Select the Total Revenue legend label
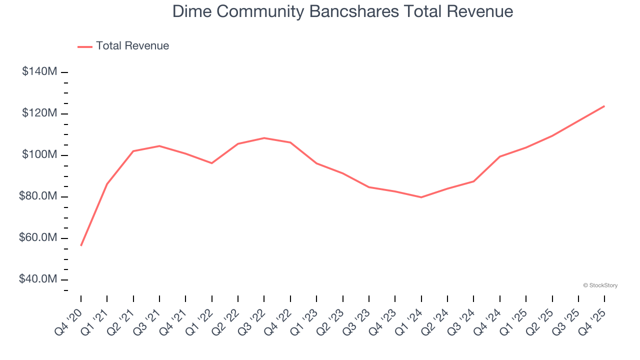132,46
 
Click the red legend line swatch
85,46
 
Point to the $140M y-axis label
39,72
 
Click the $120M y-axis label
39,113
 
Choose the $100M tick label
39,155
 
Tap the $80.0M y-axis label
38,196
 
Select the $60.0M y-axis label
38,238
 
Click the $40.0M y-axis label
38,279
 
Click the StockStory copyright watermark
600,285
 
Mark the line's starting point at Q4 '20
81,245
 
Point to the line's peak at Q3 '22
264,138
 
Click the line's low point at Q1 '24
421,197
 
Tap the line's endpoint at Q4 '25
604,106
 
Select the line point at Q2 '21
133,151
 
